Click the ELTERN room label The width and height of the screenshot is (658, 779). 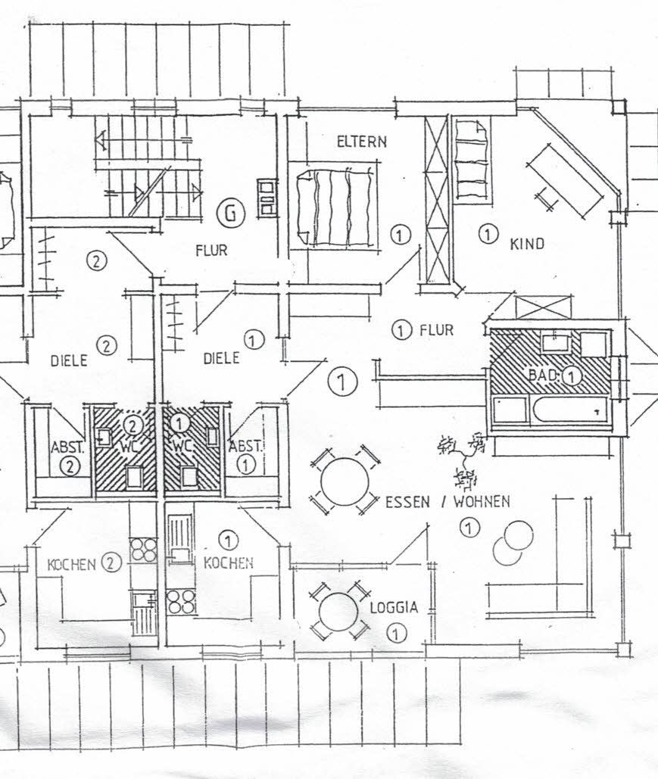tap(361, 142)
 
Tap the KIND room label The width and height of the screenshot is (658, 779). tap(527, 244)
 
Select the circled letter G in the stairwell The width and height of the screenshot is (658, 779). tap(231, 213)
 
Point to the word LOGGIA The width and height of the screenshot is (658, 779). tap(394, 607)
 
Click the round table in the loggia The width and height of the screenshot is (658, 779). tap(339, 612)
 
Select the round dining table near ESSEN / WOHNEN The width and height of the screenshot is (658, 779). tap(345, 481)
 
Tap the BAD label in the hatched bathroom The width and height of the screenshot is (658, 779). tap(544, 375)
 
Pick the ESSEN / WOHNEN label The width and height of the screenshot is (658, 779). tap(448, 502)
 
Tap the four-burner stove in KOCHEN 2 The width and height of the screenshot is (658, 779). tap(143, 550)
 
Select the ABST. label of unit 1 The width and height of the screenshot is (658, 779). tap(245, 446)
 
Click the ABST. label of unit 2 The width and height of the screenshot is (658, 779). tap(68, 447)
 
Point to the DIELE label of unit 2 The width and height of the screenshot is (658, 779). tap(69, 360)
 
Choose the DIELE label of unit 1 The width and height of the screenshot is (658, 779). tap(222, 357)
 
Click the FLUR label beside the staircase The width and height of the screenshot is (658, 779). tap(211, 250)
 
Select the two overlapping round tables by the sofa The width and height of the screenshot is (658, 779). tap(513, 543)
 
